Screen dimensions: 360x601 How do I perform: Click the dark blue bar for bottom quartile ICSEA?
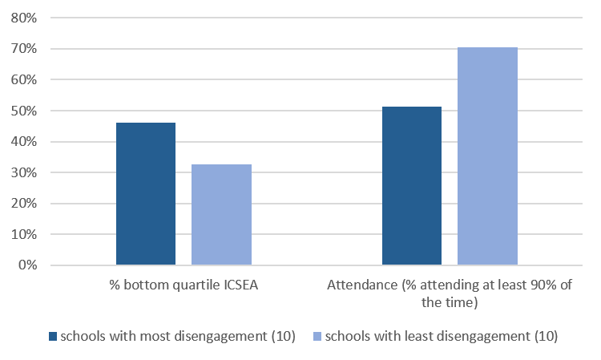[146, 194]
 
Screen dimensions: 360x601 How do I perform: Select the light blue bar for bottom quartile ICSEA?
[221, 215]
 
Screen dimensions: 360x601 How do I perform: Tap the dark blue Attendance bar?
[412, 186]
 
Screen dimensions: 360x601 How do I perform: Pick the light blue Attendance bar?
[487, 156]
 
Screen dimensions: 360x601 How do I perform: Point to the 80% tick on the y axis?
[23, 18]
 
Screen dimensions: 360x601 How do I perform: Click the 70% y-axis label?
[23, 49]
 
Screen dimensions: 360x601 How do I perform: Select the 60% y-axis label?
[23, 80]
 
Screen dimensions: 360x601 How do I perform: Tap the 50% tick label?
[23, 111]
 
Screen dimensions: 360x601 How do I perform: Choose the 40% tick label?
[23, 142]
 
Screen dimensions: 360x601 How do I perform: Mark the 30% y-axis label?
[23, 172]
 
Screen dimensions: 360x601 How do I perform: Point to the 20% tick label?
[23, 204]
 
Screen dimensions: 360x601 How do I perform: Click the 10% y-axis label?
[23, 234]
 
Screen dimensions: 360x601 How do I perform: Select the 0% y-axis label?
[26, 265]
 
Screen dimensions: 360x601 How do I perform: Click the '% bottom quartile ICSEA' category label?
[184, 286]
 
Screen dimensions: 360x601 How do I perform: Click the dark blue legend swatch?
[53, 335]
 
